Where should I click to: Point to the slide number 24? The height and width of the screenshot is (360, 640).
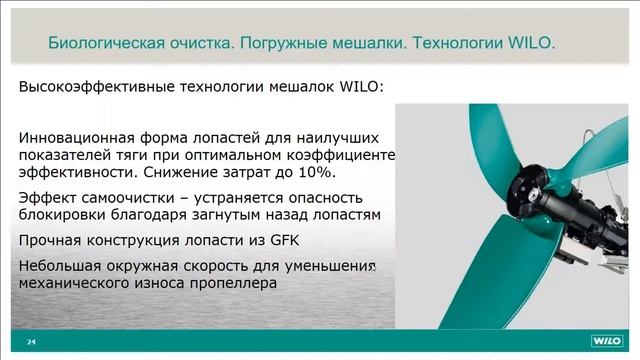(x=31, y=341)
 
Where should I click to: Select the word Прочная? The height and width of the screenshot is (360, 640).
(x=53, y=240)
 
